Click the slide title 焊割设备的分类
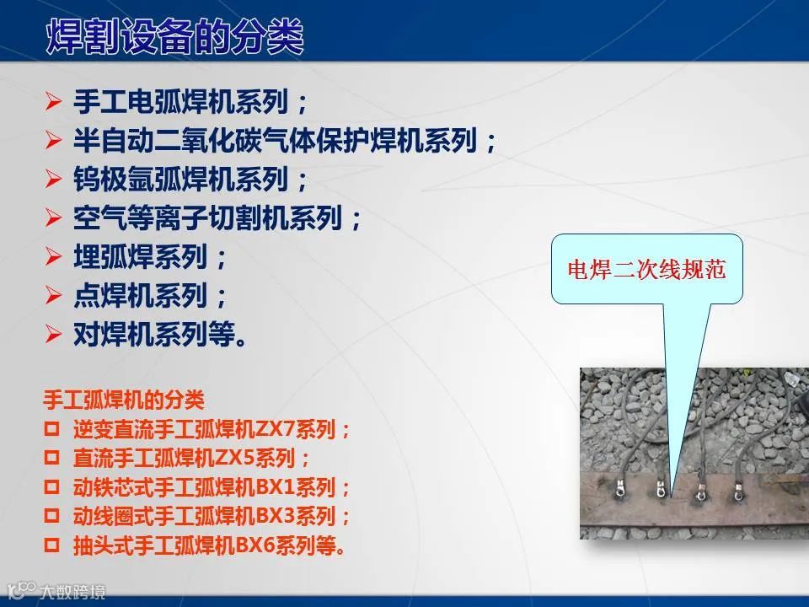point(175,36)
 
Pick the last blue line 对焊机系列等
point(160,335)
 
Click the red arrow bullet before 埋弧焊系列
point(53,256)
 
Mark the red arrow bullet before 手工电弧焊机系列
point(53,100)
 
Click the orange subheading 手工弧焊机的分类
point(124,400)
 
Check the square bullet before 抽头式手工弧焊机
point(51,545)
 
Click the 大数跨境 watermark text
point(72,592)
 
